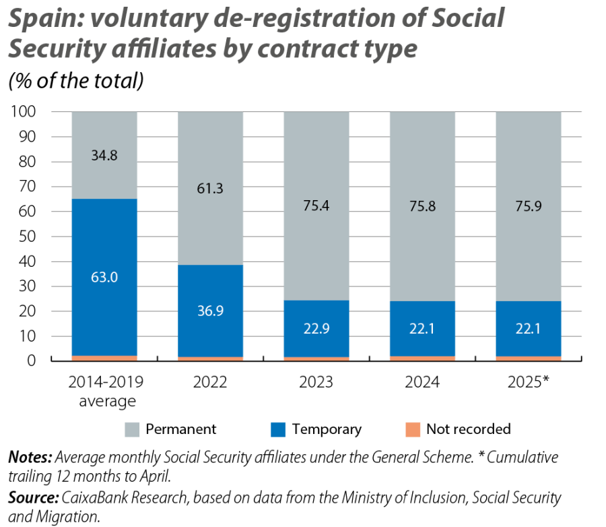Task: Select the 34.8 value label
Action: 104,156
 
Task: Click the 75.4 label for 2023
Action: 316,206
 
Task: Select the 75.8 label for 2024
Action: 422,206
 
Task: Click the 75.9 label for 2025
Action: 529,206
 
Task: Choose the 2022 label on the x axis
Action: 210,382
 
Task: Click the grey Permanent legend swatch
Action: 133,429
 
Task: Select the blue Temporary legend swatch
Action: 278,429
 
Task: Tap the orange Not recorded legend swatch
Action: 413,429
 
